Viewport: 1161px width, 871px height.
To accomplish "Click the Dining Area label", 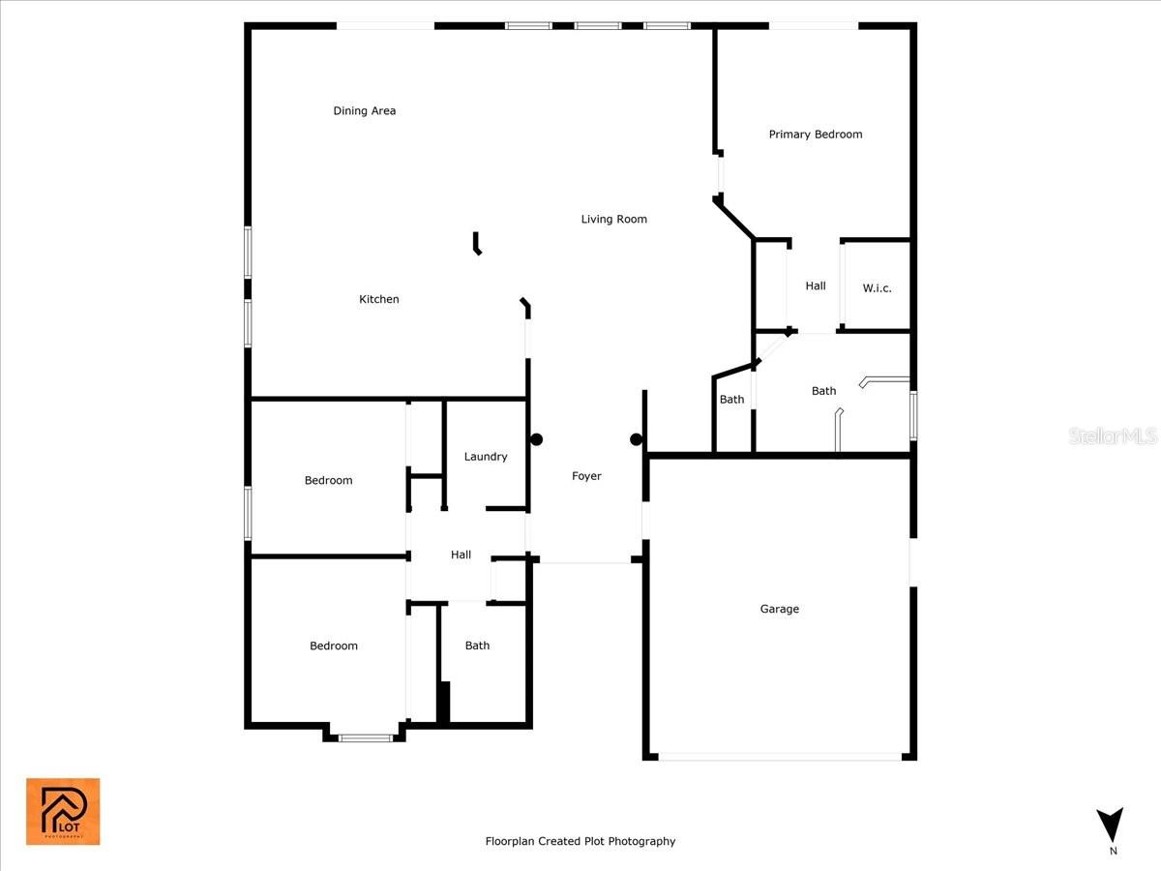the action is click(365, 110).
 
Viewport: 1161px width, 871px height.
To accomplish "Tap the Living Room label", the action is click(613, 219).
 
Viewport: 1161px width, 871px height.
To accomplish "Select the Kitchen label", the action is click(378, 299).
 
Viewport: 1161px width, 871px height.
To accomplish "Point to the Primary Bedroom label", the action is click(815, 135).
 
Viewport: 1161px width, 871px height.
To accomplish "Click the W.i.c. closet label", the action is click(877, 288).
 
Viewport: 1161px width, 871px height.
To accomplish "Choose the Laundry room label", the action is click(486, 457).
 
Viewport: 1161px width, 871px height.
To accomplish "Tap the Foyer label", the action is click(586, 476).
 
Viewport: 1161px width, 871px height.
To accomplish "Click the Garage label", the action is click(779, 609).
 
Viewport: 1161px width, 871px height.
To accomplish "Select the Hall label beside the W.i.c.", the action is click(815, 286).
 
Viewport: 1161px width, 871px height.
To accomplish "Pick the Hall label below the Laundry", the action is click(461, 555).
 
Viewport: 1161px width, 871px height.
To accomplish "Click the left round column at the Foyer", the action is click(536, 439).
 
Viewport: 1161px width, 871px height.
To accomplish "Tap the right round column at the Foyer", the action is click(637, 439).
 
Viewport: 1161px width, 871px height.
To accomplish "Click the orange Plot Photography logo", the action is click(63, 812).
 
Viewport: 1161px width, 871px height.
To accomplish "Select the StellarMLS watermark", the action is click(1113, 436).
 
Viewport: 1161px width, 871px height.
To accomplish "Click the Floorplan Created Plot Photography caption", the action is click(580, 841).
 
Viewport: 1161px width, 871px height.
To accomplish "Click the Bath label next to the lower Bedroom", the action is click(477, 646).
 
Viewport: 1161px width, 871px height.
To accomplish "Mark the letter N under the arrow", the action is click(1113, 851).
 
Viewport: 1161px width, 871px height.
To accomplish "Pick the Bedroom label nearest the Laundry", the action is click(328, 481).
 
